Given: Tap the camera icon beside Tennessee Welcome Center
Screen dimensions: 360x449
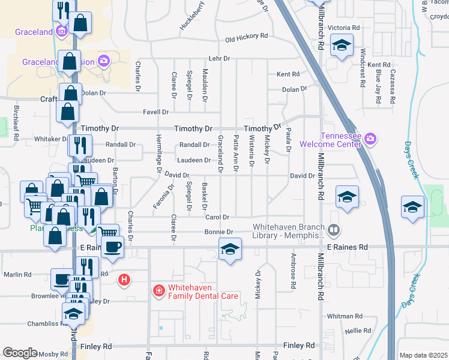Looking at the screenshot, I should click(x=370, y=139).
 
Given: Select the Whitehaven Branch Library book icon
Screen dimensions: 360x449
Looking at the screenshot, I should click(x=334, y=230).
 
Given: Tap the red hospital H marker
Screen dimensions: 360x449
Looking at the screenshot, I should click(x=124, y=279).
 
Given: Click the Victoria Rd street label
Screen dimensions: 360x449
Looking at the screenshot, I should click(x=343, y=28).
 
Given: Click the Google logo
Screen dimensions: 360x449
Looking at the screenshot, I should click(x=20, y=353).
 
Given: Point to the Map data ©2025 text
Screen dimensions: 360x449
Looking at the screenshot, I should click(x=423, y=355).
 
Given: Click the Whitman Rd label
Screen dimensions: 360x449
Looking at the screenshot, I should click(x=345, y=316).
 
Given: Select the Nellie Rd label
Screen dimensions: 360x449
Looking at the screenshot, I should click(x=358, y=331).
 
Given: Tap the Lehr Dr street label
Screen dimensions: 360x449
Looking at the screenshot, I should click(x=219, y=59).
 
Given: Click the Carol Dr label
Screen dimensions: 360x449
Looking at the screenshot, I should click(x=217, y=217).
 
